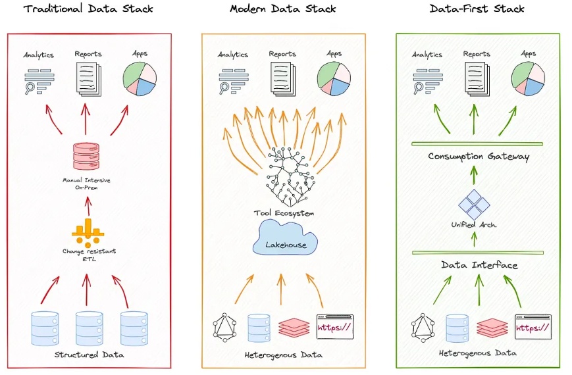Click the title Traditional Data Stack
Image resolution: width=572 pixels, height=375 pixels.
(88, 9)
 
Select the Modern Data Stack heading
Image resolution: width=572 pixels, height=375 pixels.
(282, 9)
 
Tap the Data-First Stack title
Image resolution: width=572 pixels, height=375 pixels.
(477, 9)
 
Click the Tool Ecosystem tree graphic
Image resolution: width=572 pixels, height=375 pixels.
(286, 174)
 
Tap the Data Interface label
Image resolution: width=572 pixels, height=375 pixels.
(478, 265)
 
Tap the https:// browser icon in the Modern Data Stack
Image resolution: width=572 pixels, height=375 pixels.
(335, 326)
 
